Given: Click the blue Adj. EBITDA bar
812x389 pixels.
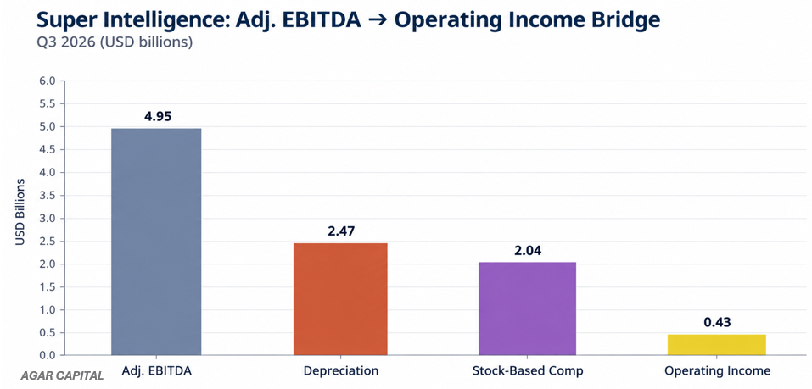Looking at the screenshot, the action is click(x=156, y=242).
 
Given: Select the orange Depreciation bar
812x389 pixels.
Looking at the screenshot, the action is click(x=340, y=299).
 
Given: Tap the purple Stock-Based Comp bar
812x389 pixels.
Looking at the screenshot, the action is click(x=527, y=308).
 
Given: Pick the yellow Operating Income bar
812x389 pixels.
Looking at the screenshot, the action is click(x=717, y=345).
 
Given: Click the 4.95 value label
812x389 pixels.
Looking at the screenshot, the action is click(x=158, y=116).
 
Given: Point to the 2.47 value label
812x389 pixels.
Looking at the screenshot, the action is click(x=341, y=231).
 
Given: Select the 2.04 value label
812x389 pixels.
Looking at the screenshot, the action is click(x=527, y=250).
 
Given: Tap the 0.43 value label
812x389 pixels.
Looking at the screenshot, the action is click(x=717, y=323).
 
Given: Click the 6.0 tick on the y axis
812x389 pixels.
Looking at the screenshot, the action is click(x=48, y=81).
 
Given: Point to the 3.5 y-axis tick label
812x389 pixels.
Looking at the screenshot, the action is click(x=48, y=196).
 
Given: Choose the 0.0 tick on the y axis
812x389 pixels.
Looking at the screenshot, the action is click(x=48, y=355).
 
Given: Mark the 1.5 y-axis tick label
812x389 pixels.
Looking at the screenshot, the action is click(x=48, y=287).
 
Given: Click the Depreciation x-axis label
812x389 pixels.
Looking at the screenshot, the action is click(x=341, y=371).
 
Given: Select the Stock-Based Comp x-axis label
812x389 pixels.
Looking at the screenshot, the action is click(x=528, y=371).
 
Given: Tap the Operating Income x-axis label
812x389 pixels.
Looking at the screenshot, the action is click(x=717, y=371).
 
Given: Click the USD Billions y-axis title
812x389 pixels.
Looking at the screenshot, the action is click(x=20, y=212).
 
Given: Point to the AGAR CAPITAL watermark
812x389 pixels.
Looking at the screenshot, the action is click(x=62, y=376).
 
